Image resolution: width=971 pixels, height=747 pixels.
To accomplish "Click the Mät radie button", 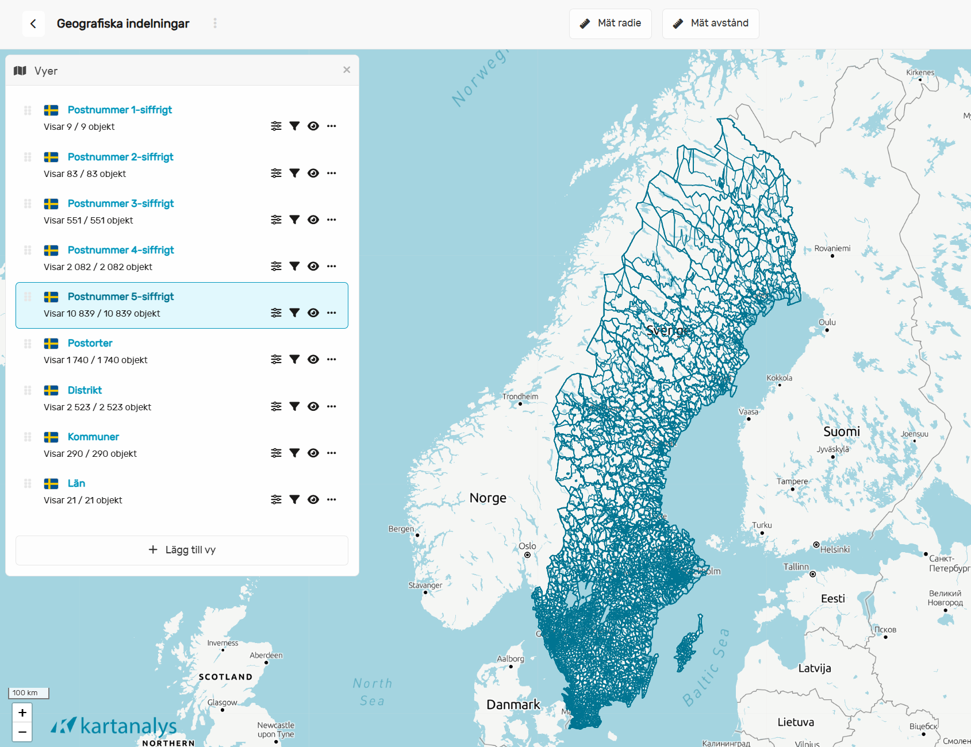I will pyautogui.click(x=610, y=24).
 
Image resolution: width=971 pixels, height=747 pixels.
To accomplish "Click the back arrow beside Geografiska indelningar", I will pyautogui.click(x=33, y=24).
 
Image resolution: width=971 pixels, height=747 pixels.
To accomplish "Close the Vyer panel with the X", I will pyautogui.click(x=347, y=70).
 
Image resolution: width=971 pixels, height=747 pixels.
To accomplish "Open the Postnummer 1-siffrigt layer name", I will pyautogui.click(x=120, y=110).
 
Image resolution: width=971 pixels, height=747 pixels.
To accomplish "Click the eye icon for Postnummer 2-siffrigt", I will pyautogui.click(x=313, y=173).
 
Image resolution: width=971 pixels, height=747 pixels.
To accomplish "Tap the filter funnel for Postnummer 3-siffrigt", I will pyautogui.click(x=294, y=220).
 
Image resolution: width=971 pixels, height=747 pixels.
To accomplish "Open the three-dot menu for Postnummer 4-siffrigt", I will pyautogui.click(x=332, y=266).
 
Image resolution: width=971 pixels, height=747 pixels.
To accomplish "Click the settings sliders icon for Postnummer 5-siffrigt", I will pyautogui.click(x=277, y=313).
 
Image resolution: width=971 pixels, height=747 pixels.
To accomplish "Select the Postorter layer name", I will pyautogui.click(x=90, y=343).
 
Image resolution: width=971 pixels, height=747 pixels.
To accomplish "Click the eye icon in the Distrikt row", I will pyautogui.click(x=313, y=406).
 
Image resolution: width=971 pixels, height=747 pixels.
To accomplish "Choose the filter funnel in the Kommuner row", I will pyautogui.click(x=294, y=453).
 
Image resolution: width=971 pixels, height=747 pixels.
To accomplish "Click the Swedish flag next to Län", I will pyautogui.click(x=51, y=483).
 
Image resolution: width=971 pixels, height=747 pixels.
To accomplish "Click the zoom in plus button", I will pyautogui.click(x=22, y=713).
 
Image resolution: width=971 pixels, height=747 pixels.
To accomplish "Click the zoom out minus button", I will pyautogui.click(x=22, y=732).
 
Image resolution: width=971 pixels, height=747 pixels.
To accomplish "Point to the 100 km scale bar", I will pyautogui.click(x=28, y=693).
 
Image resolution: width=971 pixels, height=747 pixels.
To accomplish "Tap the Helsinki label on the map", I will pyautogui.click(x=835, y=549).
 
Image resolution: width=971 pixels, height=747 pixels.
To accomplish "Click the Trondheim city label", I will pyautogui.click(x=520, y=396).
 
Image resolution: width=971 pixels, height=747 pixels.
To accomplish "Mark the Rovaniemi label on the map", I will pyautogui.click(x=832, y=248).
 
